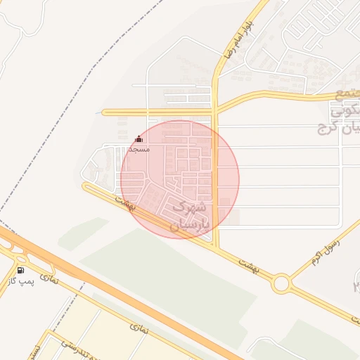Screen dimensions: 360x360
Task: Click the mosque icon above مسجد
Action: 139,139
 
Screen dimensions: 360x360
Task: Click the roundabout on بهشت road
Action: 282,283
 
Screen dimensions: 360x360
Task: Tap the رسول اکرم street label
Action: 327,252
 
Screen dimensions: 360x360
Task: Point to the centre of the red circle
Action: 180,179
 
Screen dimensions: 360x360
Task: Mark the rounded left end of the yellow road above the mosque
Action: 105,112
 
